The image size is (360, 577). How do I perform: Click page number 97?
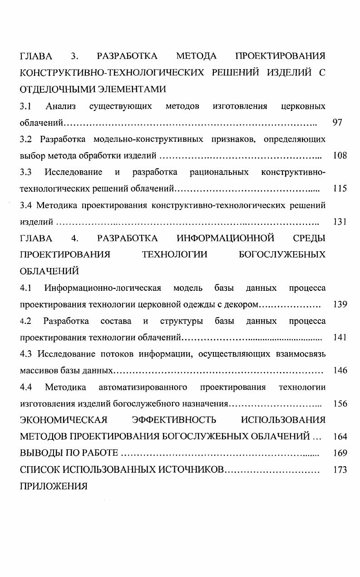point(337,123)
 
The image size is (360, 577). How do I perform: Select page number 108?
point(340,156)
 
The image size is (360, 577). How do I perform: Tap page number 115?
point(340,189)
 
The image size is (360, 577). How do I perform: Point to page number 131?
point(340,222)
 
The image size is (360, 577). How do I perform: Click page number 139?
point(340,304)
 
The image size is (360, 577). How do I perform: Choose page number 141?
point(340,337)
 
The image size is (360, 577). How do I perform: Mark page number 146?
point(340,370)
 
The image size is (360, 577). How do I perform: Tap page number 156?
point(340,403)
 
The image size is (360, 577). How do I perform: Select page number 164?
point(340,437)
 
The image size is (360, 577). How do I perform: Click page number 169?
point(340,453)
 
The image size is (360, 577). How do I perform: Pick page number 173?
point(340,470)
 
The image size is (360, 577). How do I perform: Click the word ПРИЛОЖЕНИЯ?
point(54,487)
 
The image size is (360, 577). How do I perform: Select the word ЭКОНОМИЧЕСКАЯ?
point(64,420)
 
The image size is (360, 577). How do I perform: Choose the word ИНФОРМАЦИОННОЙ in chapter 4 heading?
point(225,238)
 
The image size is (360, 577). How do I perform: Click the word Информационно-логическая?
point(103,288)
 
